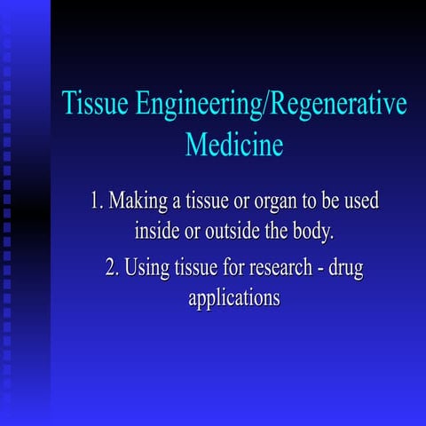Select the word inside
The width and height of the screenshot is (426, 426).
158,233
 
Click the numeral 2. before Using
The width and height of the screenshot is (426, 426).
113,266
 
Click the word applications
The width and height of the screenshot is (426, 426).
234,299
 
